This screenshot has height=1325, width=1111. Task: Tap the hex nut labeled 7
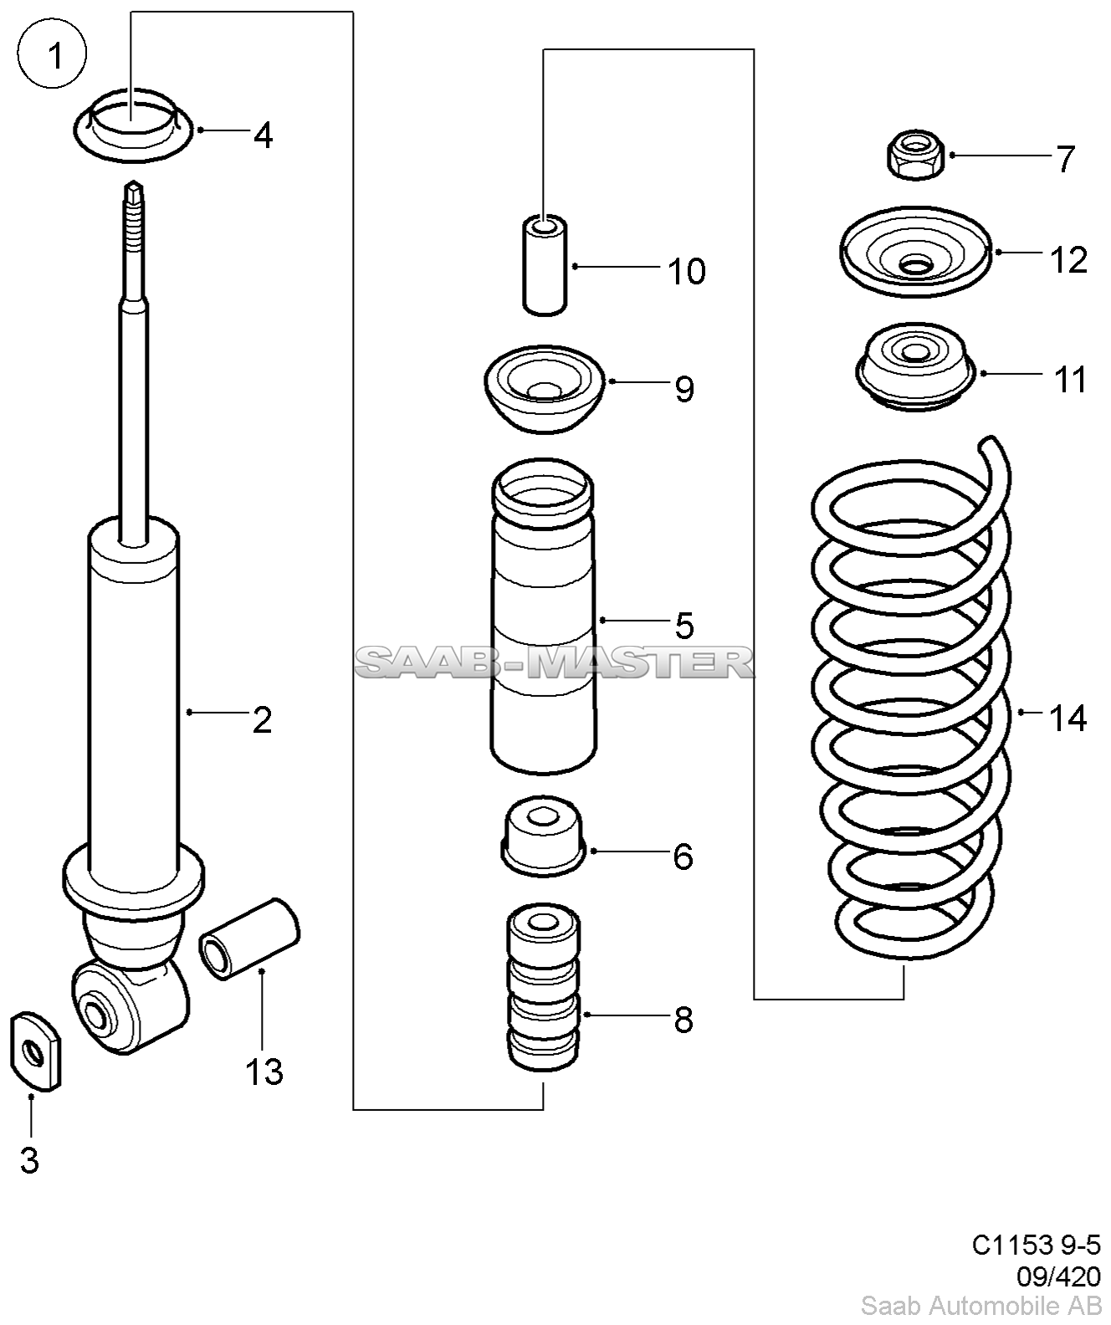(915, 155)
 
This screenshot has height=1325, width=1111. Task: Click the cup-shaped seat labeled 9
(545, 387)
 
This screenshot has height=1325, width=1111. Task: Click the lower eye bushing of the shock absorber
(99, 1011)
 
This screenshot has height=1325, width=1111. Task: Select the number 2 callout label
(262, 719)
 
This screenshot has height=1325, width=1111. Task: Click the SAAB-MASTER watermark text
(555, 663)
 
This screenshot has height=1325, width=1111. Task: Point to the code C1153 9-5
(1037, 1246)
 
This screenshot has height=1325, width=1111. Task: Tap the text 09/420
(1058, 1276)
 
